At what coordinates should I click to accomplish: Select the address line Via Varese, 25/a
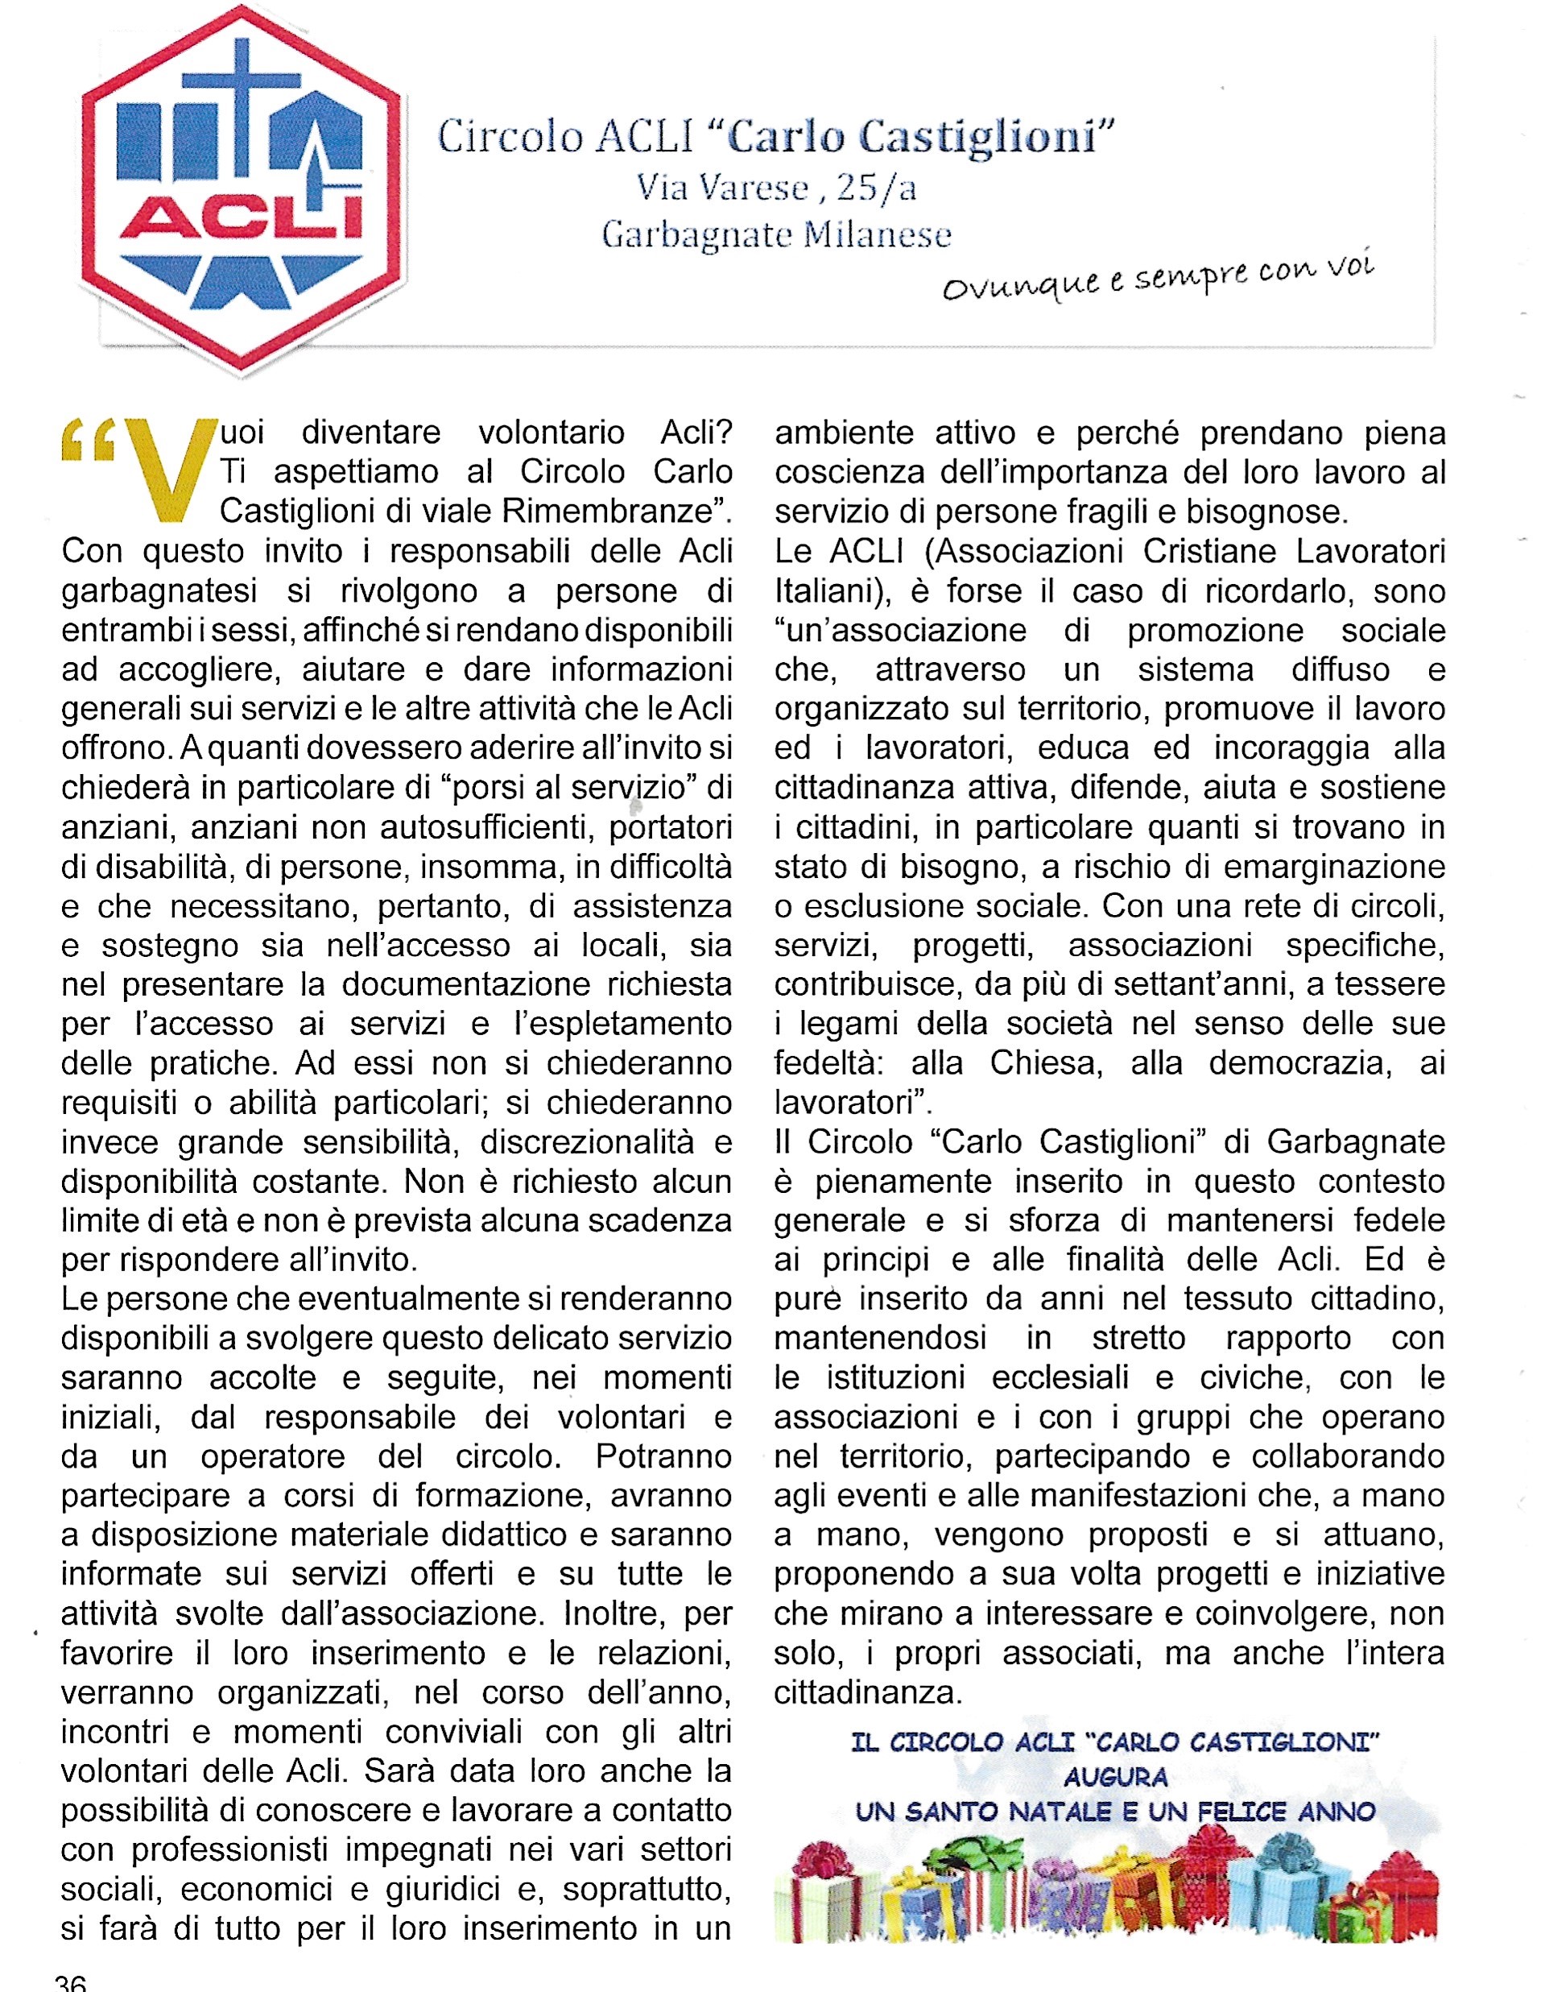point(777,187)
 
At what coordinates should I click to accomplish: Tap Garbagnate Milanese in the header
point(777,235)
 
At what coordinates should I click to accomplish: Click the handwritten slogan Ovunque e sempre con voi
point(1158,278)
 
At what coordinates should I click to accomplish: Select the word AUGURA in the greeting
point(1114,1777)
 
